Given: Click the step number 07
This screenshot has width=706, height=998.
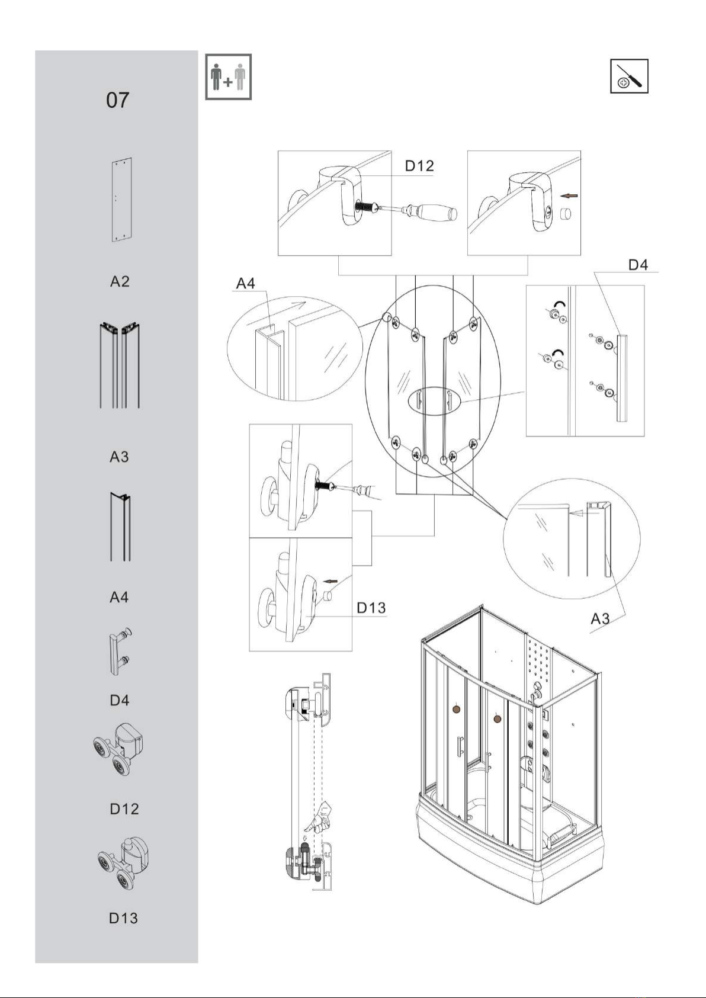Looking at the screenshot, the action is (118, 100).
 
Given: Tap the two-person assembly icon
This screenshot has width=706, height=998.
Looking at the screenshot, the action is (229, 77).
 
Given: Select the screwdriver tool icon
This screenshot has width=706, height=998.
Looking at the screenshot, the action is (629, 76).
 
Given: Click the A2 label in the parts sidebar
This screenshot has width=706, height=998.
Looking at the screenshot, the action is (120, 281).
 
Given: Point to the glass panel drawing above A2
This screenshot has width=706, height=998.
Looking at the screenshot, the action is (121, 199).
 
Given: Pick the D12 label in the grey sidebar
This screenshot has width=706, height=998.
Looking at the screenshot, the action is (124, 808).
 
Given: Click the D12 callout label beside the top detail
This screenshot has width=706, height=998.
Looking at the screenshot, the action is (419, 166).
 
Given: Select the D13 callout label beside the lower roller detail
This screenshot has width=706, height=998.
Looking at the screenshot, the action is (371, 608).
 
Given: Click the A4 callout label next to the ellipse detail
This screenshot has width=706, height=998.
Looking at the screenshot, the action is (245, 283).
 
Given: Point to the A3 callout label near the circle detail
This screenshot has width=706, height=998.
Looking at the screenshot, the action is (600, 618).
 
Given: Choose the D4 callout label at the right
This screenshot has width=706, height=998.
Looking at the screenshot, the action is (638, 265).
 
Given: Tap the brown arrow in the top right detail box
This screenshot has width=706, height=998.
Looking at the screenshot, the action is (570, 195).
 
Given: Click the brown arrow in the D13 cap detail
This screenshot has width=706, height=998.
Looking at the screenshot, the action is (330, 581).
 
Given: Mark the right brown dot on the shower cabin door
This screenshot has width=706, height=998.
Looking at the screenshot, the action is (497, 718).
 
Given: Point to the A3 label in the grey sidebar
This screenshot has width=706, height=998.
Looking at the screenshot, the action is (120, 457).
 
